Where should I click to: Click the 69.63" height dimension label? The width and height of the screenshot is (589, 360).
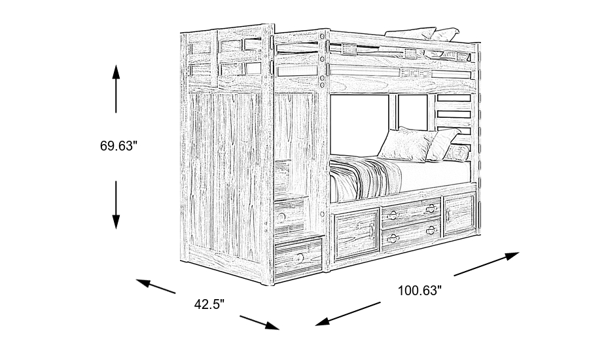click(x=118, y=147)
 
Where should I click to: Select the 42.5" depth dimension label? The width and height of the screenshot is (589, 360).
click(x=209, y=304)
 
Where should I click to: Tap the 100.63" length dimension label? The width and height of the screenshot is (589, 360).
click(x=419, y=291)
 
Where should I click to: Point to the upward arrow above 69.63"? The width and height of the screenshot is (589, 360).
click(x=116, y=88)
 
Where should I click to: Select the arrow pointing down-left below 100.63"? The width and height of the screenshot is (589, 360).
click(x=348, y=312)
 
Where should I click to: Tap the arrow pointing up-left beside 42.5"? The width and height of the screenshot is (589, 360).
click(x=156, y=287)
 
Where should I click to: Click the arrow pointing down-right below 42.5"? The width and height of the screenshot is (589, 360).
click(x=260, y=322)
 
